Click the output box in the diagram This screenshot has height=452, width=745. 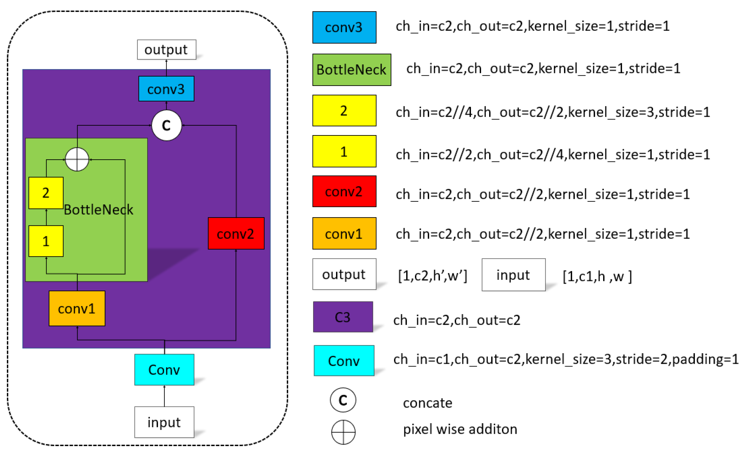[x=166, y=50]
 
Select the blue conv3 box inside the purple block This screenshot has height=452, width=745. [x=166, y=89]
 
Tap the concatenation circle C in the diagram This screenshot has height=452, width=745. [x=167, y=125]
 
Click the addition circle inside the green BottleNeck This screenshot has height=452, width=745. [x=77, y=160]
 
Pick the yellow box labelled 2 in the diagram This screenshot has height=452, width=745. [x=46, y=193]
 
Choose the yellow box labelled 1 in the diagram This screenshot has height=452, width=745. [x=46, y=241]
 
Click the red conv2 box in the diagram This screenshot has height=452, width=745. [x=236, y=233]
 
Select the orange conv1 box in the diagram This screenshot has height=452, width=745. [x=77, y=308]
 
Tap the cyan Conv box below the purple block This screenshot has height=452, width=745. [x=164, y=370]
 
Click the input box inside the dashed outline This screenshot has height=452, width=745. [x=164, y=422]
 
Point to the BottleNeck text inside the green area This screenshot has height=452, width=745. [x=98, y=210]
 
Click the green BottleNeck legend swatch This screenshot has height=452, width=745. [x=351, y=70]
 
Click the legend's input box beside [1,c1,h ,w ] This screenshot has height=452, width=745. [x=513, y=275]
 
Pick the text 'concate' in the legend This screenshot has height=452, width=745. [x=428, y=403]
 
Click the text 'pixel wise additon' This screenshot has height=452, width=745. [x=460, y=429]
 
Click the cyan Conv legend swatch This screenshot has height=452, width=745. [x=344, y=360]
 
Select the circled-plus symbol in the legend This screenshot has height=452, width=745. [x=343, y=432]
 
